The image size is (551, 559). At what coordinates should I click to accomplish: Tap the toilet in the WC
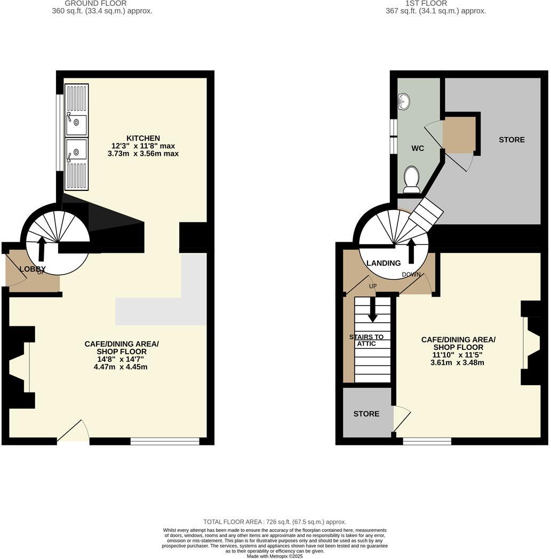coord(412,178)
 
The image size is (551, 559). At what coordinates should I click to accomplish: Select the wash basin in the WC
coord(404,101)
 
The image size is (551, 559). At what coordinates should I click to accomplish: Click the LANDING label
coord(384,263)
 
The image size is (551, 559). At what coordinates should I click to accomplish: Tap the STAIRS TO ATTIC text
coord(366,340)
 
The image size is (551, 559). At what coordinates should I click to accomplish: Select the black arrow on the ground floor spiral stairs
coord(41,248)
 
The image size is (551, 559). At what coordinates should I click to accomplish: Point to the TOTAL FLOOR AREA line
coord(275,522)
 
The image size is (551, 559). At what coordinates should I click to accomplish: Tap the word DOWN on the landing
coord(411,275)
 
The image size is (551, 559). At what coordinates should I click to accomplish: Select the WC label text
coord(418,148)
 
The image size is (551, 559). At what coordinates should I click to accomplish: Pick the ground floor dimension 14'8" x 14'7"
coord(122,360)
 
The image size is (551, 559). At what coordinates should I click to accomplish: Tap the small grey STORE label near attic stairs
coord(366,414)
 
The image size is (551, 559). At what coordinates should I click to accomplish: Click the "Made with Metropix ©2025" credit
coord(275,556)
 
